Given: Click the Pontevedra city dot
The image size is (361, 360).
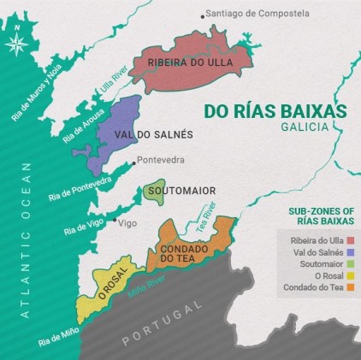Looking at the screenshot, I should pyautogui.click(x=132, y=160).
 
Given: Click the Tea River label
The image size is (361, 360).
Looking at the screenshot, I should pyautogui.click(x=204, y=221).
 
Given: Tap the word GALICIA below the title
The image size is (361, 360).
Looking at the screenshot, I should pyautogui.click(x=305, y=127).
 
